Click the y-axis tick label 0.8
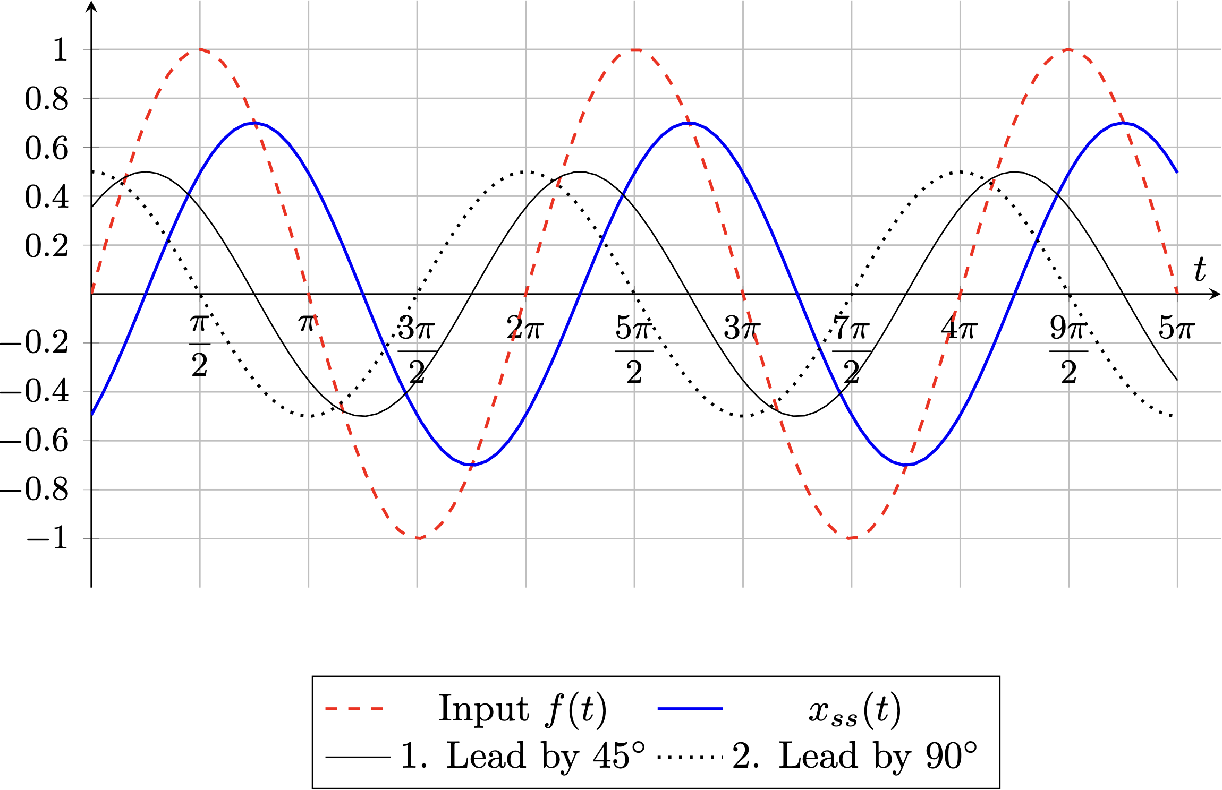point(47,99)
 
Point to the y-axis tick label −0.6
point(35,441)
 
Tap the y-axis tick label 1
point(61,50)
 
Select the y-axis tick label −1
point(48,539)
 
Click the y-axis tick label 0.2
point(47,245)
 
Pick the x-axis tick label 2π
point(524,328)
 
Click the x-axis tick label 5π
point(1177,328)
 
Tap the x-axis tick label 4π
point(959,328)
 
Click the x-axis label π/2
point(200,345)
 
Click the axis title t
point(1200,269)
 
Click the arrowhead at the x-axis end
point(1216,294)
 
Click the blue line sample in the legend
point(690,709)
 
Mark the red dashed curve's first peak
point(200,49)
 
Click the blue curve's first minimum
point(472,465)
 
